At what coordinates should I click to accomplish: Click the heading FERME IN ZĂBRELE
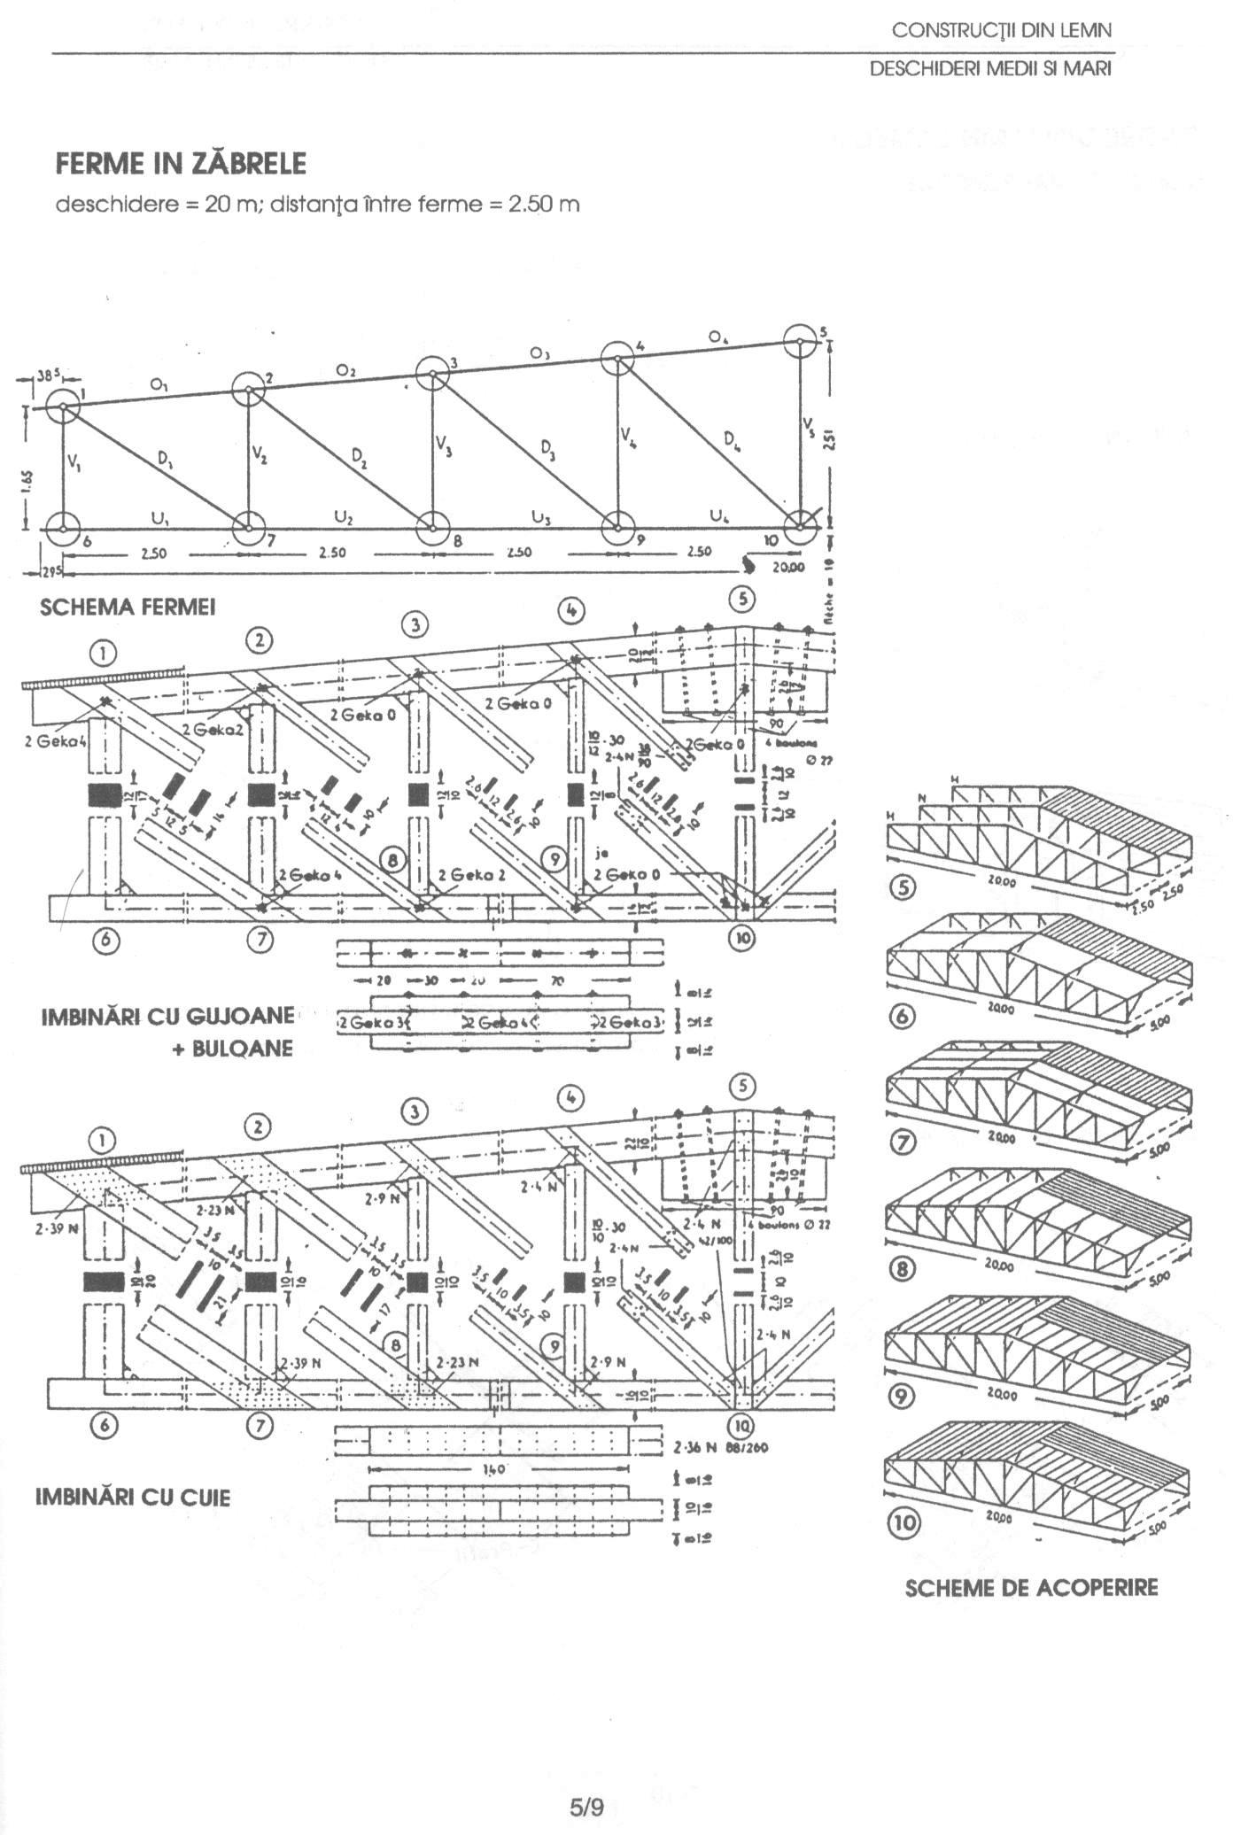click(x=181, y=165)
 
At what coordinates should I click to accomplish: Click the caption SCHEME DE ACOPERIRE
click(x=1031, y=1587)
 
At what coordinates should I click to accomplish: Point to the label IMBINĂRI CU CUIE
click(x=132, y=1497)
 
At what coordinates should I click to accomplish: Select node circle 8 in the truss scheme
click(x=433, y=528)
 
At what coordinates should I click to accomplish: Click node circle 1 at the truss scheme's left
click(x=64, y=408)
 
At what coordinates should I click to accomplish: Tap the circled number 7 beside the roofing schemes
click(x=904, y=1142)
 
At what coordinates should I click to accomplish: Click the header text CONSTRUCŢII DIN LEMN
click(x=1001, y=31)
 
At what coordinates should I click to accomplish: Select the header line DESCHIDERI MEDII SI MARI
click(x=989, y=69)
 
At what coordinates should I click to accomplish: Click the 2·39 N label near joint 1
click(x=50, y=1231)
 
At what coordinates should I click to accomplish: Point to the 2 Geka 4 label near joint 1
click(x=48, y=743)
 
